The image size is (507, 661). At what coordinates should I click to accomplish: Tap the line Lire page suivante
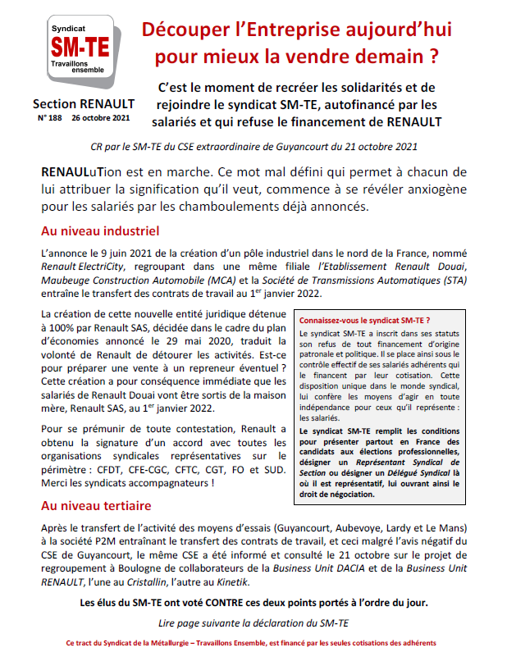pyautogui.click(x=253, y=623)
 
